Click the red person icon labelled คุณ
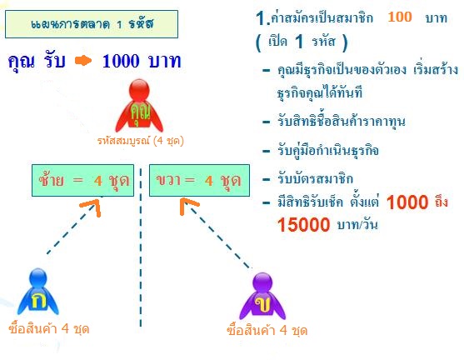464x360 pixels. click(x=139, y=107)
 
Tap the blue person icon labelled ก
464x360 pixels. click(x=38, y=292)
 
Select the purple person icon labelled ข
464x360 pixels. click(x=262, y=296)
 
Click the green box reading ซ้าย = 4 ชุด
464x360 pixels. click(x=82, y=180)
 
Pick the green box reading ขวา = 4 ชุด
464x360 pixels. click(x=199, y=180)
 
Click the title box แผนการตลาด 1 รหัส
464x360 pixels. click(x=92, y=24)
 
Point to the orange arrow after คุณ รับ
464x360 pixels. click(x=83, y=61)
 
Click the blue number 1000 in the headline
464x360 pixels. click(x=121, y=61)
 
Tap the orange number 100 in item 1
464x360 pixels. click(x=400, y=17)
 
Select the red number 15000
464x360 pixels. click(x=303, y=224)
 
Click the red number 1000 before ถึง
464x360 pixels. click(x=407, y=202)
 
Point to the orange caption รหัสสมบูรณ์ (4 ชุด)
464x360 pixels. click(x=141, y=140)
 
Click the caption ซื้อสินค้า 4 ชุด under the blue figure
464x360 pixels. click(x=49, y=328)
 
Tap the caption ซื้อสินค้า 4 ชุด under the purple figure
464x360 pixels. click(x=267, y=330)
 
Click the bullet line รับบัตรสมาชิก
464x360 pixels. click(x=315, y=178)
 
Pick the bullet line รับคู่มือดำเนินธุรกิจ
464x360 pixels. click(x=328, y=150)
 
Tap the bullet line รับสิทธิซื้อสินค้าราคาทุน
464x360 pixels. click(x=342, y=122)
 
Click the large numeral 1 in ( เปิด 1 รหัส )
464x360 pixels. click(x=299, y=41)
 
